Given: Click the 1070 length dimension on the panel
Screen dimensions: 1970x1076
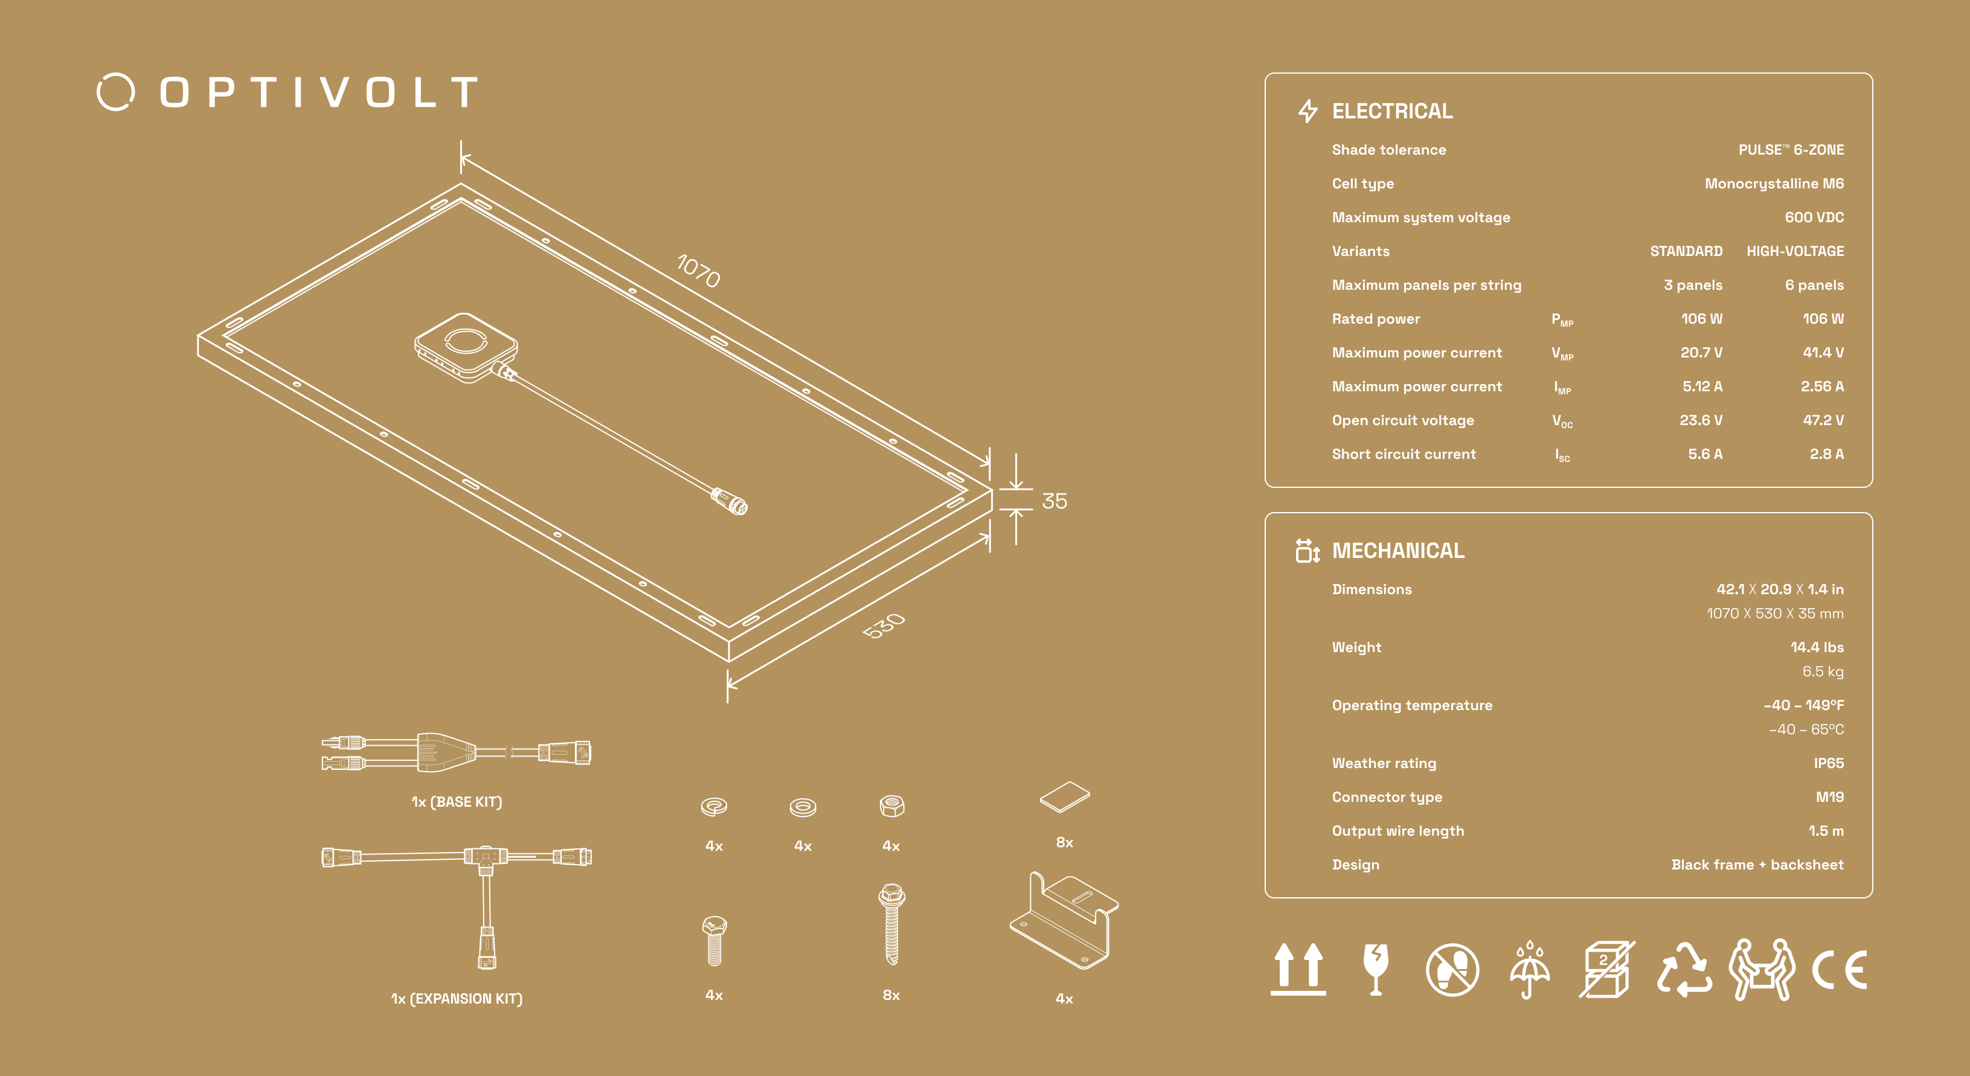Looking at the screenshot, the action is point(699,271).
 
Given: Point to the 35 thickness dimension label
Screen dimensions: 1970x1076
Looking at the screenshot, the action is point(1054,501).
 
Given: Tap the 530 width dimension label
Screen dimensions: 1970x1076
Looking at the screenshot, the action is point(884,625).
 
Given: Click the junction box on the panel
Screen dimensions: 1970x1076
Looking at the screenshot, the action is point(466,347).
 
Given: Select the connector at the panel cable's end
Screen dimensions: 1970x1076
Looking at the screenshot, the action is point(730,501).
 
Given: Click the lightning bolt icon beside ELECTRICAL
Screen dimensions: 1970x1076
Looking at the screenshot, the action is point(1307,111).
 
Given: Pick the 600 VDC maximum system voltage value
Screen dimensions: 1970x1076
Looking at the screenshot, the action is point(1814,217).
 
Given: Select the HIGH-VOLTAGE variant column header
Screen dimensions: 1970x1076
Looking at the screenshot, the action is point(1795,251).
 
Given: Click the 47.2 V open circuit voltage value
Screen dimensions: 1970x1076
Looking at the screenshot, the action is point(1823,420).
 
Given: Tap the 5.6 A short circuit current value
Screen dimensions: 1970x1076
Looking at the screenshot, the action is point(1705,453).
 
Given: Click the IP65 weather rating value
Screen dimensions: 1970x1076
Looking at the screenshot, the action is point(1829,763).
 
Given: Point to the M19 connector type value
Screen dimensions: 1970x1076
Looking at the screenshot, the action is point(1829,797).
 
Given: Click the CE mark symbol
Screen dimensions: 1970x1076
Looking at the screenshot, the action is point(1839,970).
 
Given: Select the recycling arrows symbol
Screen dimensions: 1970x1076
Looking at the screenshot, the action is point(1684,970).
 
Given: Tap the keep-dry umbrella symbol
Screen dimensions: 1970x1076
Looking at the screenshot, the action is point(1530,970).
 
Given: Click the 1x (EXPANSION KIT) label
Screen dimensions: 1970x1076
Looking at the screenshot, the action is point(457,998).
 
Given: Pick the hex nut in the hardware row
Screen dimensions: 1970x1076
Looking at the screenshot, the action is point(892,805).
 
